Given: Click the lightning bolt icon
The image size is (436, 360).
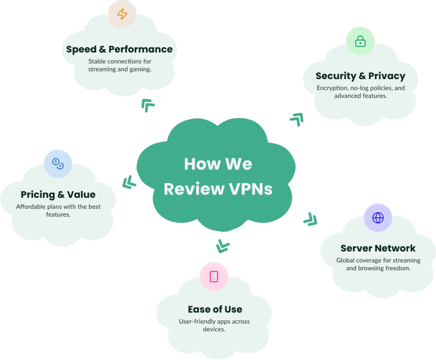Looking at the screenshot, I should [122, 14].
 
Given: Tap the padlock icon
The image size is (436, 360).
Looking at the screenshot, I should [360, 41].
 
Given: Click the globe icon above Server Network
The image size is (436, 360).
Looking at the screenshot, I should [378, 218].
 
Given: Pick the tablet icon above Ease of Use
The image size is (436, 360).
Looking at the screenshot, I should [214, 277].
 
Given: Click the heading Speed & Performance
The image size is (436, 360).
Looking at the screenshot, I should [119, 49].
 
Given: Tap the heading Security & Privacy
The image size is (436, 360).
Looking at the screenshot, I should [360, 76].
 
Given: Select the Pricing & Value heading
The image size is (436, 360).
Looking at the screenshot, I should [58, 195].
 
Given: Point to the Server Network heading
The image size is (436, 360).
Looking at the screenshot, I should [378, 249].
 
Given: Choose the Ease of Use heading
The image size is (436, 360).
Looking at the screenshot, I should [215, 309].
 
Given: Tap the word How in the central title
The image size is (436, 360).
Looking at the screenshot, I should [200, 164].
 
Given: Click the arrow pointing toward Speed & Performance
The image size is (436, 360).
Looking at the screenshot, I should [147, 104].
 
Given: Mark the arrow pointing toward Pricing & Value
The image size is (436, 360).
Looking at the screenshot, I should [129, 183].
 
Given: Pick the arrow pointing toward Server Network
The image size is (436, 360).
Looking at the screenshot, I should [310, 220].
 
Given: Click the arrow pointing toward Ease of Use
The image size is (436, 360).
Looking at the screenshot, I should [222, 246].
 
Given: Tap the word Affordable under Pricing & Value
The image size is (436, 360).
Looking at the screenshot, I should [32, 207].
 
